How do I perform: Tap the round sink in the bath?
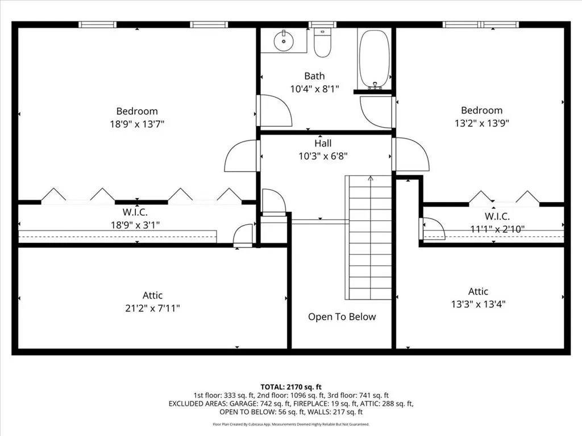(284, 41)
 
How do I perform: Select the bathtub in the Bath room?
(375, 59)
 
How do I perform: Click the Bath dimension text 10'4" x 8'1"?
(314, 89)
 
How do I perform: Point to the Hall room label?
(323, 143)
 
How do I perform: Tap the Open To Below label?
(342, 317)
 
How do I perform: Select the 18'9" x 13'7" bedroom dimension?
(136, 124)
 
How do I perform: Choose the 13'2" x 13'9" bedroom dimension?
(482, 123)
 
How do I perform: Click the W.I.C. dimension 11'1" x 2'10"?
(497, 229)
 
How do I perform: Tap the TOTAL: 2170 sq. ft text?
(291, 387)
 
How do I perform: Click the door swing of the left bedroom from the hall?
(241, 156)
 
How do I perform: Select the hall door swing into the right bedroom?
(411, 154)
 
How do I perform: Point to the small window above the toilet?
(323, 24)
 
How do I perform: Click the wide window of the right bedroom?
(481, 24)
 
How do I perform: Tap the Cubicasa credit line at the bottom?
(291, 424)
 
